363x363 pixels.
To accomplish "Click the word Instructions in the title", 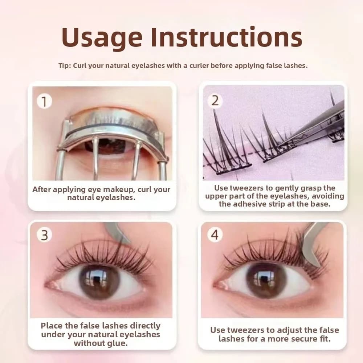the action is coord(227,37).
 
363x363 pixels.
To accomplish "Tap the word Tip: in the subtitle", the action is coord(65,65).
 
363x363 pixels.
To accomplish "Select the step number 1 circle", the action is coord(44,101).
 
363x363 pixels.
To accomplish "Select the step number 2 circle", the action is coord(215,101).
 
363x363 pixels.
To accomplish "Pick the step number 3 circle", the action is coord(44,235).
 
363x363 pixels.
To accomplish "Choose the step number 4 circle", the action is coord(215,235).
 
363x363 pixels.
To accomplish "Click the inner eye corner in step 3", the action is coord(46,285).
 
